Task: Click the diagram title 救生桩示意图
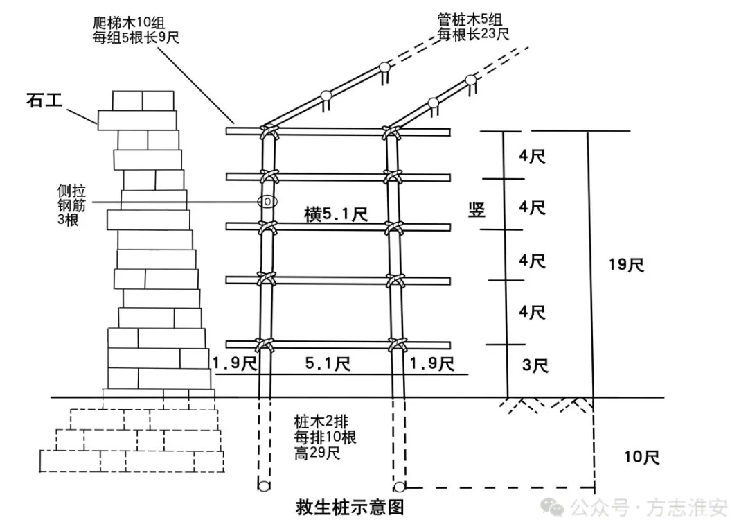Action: (349, 508)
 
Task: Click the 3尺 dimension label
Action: (533, 365)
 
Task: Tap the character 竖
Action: (476, 211)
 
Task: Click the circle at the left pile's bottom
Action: (264, 487)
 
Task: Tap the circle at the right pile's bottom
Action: (400, 487)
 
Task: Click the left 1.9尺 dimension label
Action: (235, 363)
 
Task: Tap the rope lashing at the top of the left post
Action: (266, 132)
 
